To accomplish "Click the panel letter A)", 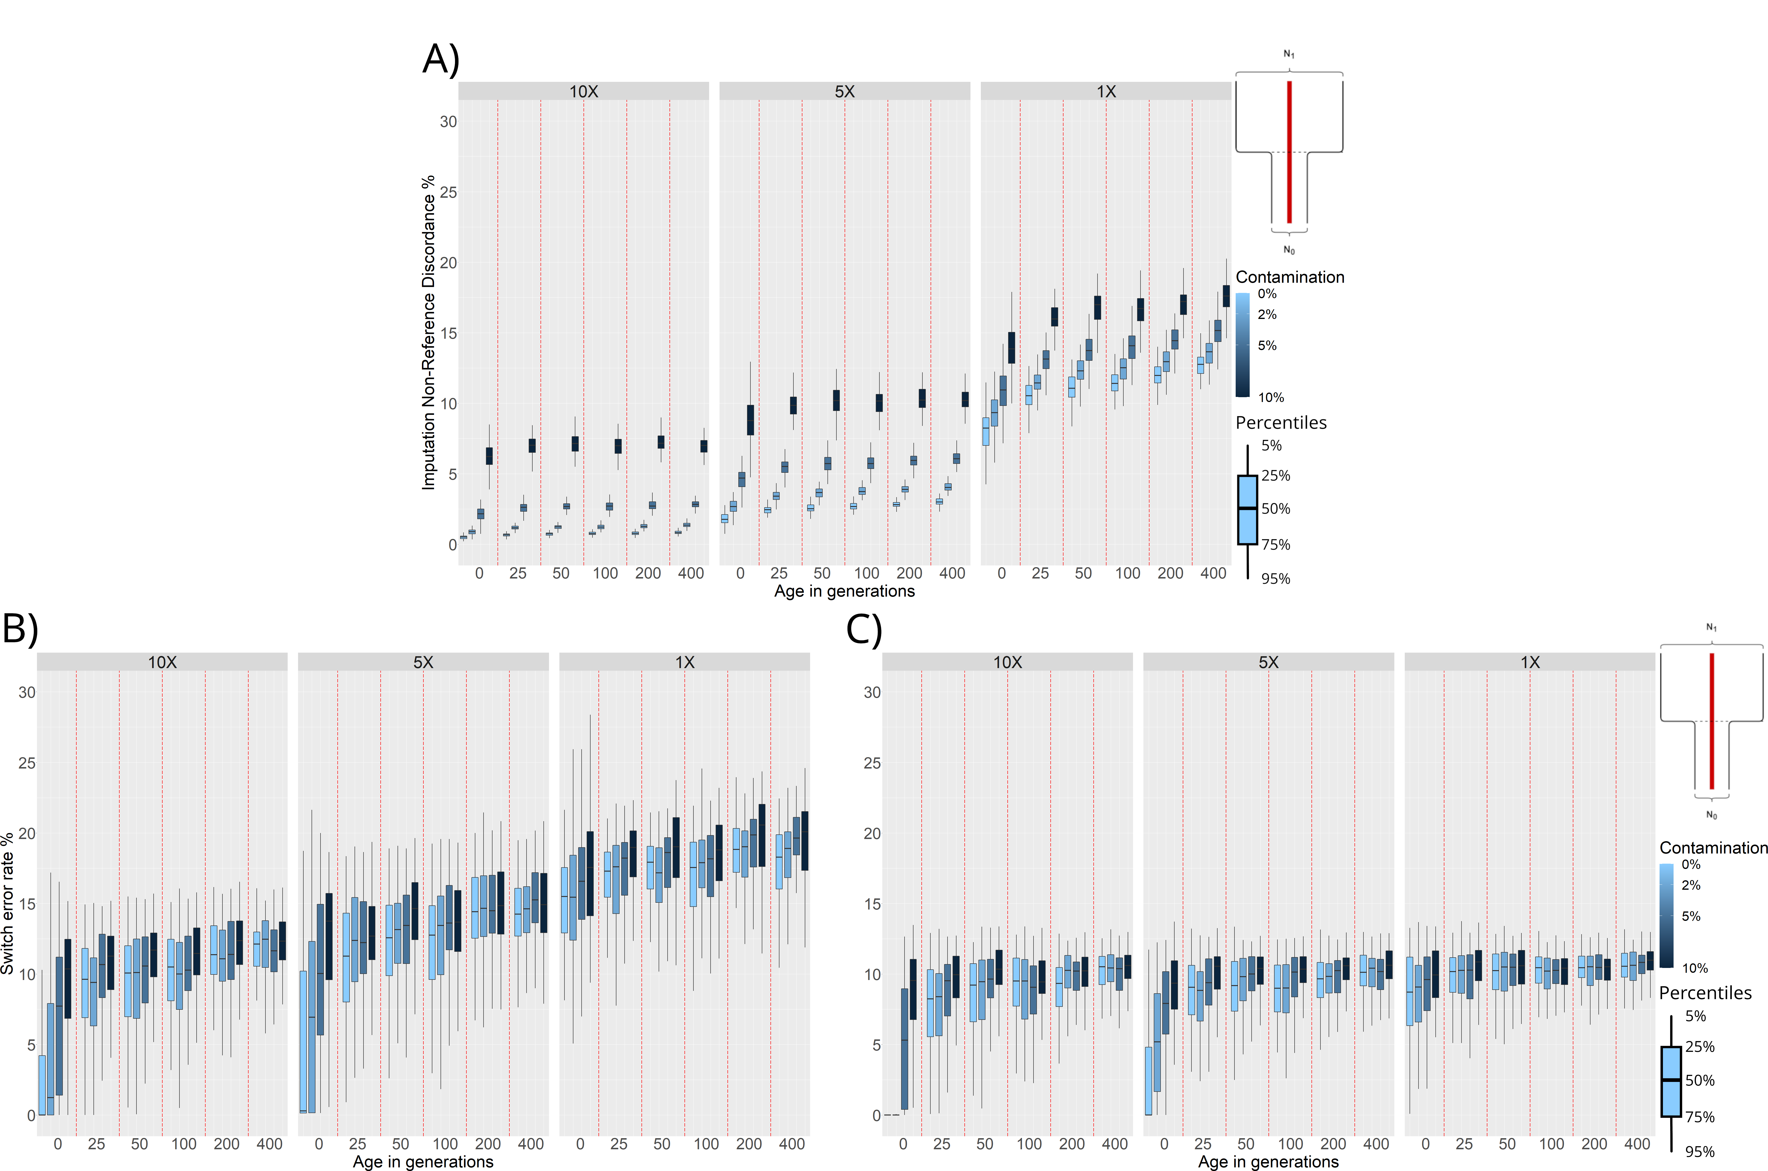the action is coord(441,60).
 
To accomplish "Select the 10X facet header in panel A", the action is coord(583,91).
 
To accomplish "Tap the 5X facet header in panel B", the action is coord(423,662).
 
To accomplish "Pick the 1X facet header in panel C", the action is coord(1530,662).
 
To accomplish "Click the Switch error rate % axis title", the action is coord(7,904).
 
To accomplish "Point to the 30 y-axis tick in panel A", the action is coord(448,122).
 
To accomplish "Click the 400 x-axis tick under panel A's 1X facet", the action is coord(1213,573).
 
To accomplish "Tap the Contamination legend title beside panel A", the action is coord(1290,277).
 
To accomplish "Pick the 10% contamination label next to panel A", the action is coord(1271,397).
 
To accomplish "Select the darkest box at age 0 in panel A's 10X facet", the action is coord(489,456).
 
